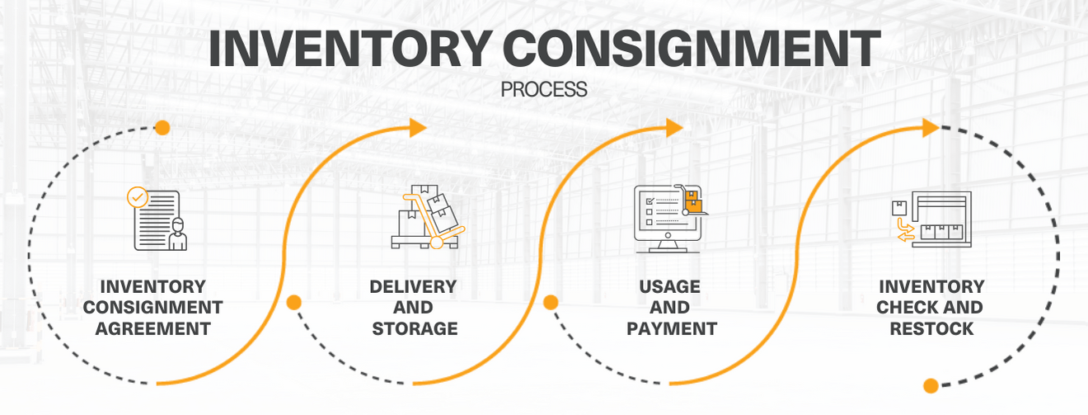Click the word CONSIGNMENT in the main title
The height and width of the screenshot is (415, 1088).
(690, 49)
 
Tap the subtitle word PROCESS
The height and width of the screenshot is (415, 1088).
(544, 89)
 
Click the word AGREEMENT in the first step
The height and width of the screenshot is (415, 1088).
(152, 328)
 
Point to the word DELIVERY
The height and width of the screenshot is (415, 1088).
(413, 287)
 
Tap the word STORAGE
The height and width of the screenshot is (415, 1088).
(415, 328)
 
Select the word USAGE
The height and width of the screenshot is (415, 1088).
(669, 287)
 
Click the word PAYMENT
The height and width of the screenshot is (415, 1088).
(672, 328)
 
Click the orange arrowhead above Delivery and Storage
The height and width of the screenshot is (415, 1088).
(418, 127)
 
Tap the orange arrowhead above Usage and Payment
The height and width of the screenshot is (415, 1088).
(674, 127)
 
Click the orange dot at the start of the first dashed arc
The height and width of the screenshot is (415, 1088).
(162, 127)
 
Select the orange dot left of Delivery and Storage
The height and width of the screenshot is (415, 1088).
(293, 302)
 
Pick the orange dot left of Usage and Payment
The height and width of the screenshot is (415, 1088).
(551, 302)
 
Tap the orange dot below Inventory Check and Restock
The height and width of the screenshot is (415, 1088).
(931, 385)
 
